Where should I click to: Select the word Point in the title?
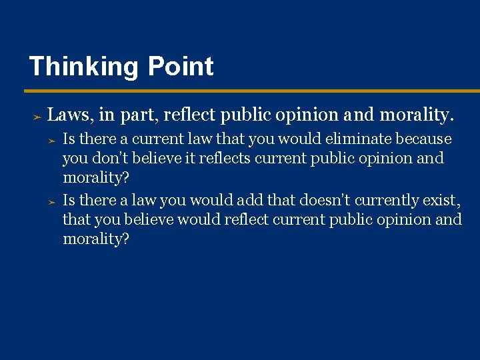coord(181,67)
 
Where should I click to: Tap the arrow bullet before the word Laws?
coord(37,117)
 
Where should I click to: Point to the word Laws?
coord(70,115)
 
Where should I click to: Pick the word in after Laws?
coord(106,115)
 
